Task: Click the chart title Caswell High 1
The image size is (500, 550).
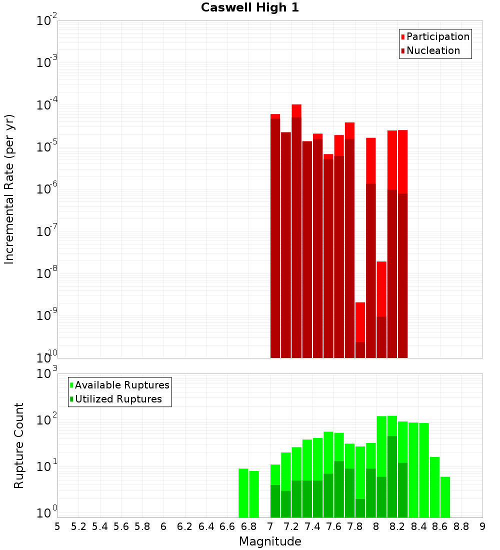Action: (250, 8)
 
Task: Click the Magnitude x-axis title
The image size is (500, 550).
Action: (270, 541)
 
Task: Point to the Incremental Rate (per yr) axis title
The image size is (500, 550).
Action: (9, 189)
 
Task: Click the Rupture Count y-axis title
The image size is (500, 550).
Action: (19, 445)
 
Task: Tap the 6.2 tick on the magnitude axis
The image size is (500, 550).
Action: (185, 526)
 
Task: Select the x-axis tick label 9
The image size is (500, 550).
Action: (482, 526)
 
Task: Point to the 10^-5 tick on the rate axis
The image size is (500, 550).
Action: (47, 147)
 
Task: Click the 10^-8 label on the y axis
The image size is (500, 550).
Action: (47, 273)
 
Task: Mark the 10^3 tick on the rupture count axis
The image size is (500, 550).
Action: (47, 373)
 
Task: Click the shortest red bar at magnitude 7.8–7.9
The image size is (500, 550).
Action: (360, 330)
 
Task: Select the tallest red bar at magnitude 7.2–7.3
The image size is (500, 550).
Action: (296, 230)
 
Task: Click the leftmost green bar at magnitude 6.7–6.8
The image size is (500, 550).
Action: (243, 492)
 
